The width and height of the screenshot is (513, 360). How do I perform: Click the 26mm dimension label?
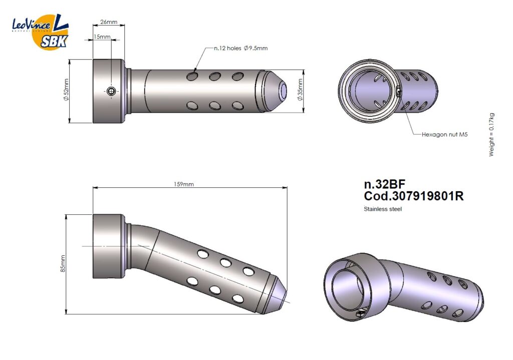(x=109, y=22)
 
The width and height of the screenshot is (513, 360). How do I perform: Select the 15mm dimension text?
(x=102, y=37)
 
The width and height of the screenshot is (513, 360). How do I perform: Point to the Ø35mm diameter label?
(x=300, y=90)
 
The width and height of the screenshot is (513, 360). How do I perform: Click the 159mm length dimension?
(x=183, y=184)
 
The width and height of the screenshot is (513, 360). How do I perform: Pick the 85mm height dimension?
(x=63, y=263)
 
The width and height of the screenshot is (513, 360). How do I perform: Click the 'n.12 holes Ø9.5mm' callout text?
(x=241, y=48)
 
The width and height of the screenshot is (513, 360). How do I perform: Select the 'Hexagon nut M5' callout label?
(x=445, y=134)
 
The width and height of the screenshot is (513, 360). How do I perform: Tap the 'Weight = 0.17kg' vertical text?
(x=491, y=135)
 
